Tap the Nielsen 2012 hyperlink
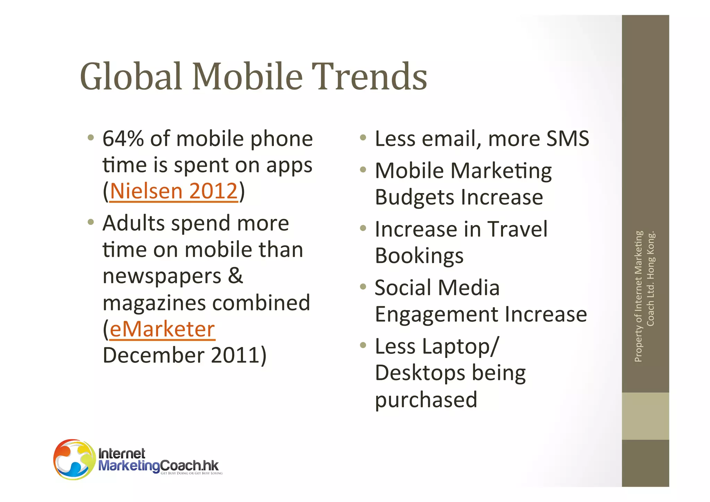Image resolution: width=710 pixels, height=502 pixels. point(174,191)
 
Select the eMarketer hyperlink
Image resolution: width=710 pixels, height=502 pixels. point(162,329)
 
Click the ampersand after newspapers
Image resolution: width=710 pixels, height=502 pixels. point(236,276)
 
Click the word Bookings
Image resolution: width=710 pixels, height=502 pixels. point(419,256)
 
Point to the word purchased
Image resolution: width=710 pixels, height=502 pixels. point(426,400)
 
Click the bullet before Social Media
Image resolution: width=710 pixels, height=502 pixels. point(363,287)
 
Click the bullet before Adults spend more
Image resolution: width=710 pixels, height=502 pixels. point(91,222)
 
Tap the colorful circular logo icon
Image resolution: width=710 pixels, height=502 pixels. point(74,459)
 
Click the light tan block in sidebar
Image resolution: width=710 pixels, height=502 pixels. point(645,416)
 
